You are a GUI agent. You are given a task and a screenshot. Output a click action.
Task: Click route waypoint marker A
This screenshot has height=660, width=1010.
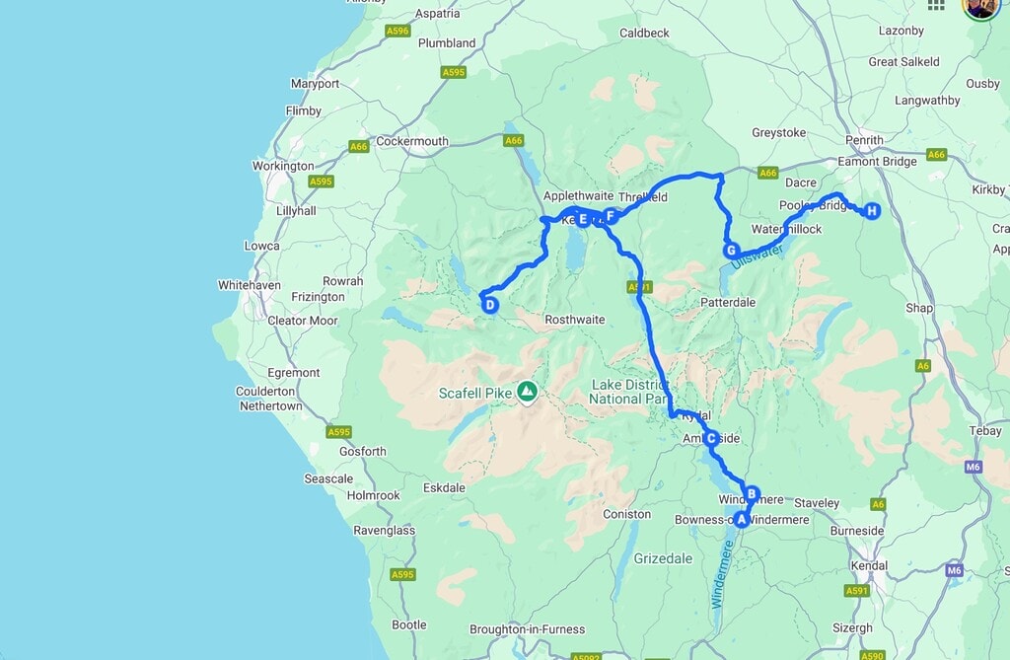742,520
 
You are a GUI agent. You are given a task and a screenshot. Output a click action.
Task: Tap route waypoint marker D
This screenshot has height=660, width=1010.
489,305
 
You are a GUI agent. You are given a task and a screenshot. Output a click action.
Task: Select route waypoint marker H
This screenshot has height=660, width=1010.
872,211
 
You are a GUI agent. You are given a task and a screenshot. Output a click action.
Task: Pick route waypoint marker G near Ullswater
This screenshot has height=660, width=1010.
731,251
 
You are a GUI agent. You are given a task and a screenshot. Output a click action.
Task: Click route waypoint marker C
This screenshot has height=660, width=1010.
710,438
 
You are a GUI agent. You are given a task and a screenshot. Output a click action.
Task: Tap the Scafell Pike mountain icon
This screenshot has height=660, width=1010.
528,393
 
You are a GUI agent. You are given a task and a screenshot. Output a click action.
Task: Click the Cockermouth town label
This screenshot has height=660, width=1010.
412,141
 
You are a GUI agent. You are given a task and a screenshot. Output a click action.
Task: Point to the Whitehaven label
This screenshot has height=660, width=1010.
250,285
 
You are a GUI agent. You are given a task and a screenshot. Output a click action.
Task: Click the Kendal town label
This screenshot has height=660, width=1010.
869,566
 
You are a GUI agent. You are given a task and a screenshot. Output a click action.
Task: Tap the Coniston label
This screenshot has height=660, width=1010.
627,514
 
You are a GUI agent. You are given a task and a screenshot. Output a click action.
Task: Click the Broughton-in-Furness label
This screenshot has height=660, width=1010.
528,629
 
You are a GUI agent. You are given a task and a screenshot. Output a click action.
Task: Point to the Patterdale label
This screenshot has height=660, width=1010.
728,302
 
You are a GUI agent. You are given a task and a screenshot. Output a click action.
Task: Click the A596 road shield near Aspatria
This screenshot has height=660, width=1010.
397,32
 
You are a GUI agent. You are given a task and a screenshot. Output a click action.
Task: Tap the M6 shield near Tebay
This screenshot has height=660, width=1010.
974,466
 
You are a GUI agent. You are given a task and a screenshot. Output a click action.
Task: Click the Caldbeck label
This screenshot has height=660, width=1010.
644,33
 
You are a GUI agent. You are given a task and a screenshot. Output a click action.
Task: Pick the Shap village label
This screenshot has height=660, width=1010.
919,308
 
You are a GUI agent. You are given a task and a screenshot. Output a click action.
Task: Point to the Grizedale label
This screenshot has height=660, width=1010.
663,557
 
